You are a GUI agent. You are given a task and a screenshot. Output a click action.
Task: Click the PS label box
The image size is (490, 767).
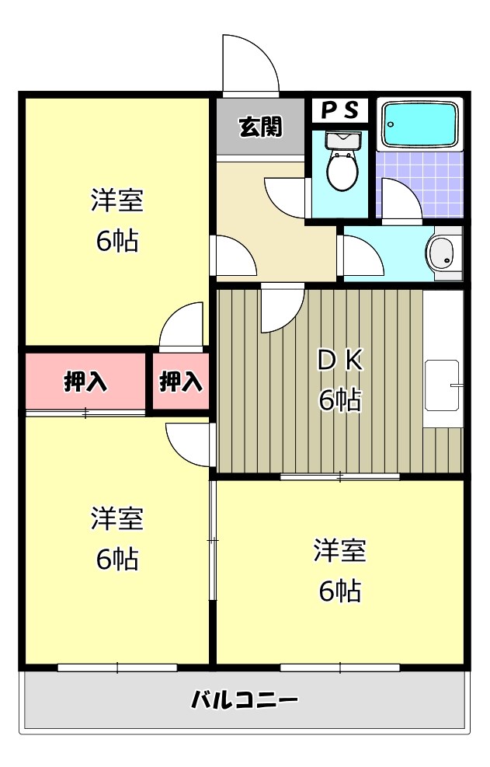tap(340, 110)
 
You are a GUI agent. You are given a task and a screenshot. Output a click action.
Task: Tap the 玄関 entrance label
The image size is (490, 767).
tap(260, 126)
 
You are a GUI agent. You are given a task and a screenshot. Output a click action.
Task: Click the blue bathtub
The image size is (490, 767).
tap(419, 125)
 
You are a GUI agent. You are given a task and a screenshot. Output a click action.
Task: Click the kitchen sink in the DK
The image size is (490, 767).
tap(443, 386)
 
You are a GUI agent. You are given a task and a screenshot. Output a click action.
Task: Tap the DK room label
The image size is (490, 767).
tap(340, 359)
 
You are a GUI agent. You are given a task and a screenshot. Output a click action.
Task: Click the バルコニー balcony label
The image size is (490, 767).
tap(245, 700)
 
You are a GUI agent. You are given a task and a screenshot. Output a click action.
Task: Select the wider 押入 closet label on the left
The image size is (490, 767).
tap(85, 382)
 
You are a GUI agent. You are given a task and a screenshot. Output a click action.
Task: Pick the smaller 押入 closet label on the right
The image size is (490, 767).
tap(181, 382)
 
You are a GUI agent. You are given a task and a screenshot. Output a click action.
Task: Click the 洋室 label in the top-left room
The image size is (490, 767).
tap(117, 200)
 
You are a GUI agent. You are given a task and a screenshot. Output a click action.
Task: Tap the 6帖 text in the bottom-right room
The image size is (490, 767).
tap(340, 591)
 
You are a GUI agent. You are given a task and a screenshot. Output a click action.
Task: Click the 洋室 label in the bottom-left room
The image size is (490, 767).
tap(117, 518)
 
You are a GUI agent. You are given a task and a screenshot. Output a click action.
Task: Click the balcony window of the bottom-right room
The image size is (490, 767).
tap(340, 667)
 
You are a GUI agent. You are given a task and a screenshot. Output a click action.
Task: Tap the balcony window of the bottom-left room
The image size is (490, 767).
tap(117, 667)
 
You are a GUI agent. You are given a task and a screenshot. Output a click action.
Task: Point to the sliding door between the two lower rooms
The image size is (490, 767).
tap(211, 539)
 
